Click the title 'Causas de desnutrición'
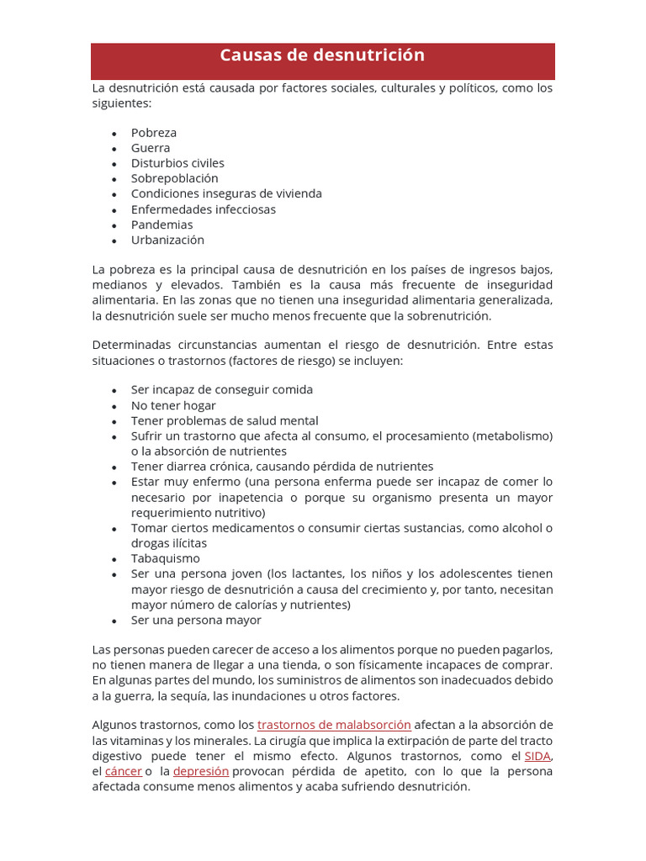[322, 56]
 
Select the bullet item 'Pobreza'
[154, 133]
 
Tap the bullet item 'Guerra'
[151, 148]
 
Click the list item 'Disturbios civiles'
[177, 163]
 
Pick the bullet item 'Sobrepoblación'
[174, 178]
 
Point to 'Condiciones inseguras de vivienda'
[226, 193]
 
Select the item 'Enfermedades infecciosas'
[204, 209]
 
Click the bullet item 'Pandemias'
[161, 224]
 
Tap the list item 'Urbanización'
[167, 240]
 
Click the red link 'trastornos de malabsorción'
[334, 725]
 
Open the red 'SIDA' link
[537, 756]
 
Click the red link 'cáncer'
[124, 771]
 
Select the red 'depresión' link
[201, 771]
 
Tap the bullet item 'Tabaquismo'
[166, 558]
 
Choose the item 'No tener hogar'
[173, 405]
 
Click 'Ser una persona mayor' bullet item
[196, 621]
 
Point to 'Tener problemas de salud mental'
[225, 420]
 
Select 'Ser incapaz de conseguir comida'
[222, 390]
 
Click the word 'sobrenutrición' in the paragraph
[448, 316]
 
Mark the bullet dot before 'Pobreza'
[114, 134]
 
